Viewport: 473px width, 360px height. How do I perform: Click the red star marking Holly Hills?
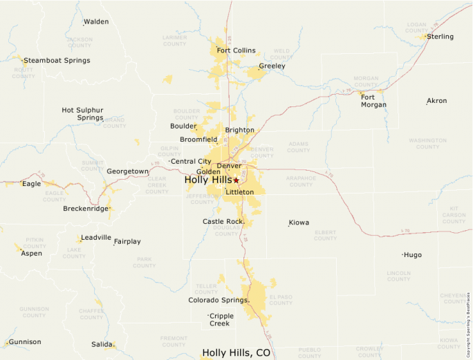click(236, 180)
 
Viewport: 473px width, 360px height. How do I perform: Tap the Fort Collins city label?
click(236, 50)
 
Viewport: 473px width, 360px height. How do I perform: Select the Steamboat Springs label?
click(57, 61)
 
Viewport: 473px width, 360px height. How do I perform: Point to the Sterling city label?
click(440, 37)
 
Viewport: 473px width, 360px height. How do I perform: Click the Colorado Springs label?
click(218, 301)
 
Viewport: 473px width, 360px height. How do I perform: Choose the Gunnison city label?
click(25, 342)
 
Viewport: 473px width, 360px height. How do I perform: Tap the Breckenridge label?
click(86, 209)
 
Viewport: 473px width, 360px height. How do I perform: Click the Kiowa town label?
click(299, 222)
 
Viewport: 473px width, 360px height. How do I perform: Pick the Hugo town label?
click(413, 255)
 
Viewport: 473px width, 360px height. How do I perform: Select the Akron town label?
click(437, 101)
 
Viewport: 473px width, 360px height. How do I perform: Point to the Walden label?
click(96, 21)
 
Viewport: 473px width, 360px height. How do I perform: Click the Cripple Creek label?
click(222, 320)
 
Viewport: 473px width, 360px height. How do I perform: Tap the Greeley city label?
click(272, 66)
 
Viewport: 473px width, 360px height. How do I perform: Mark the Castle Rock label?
click(223, 222)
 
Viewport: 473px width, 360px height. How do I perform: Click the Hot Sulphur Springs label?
click(82, 114)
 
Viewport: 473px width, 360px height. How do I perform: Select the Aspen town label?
click(31, 254)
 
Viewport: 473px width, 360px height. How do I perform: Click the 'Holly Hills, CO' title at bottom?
click(236, 353)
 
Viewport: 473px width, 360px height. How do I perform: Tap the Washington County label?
click(427, 144)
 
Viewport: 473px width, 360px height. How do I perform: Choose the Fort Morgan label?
click(373, 101)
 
